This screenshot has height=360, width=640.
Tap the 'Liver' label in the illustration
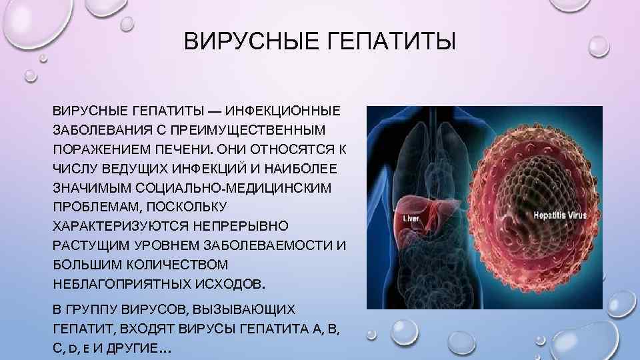pyautogui.click(x=411, y=218)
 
